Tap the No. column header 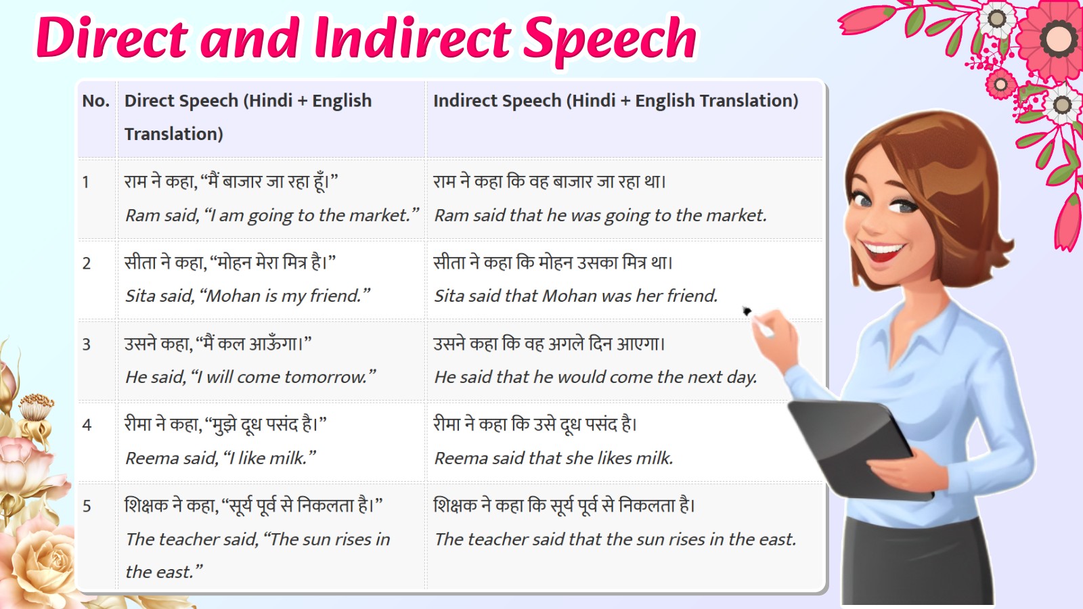click(95, 101)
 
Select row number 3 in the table click(87, 344)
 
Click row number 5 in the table click(87, 506)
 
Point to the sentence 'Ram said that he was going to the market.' click(600, 215)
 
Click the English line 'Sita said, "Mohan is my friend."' click(248, 296)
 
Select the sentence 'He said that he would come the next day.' click(596, 377)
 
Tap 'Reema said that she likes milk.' click(554, 458)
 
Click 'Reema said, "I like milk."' click(221, 458)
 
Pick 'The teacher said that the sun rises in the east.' click(615, 539)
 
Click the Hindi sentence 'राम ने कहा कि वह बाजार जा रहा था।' click(550, 181)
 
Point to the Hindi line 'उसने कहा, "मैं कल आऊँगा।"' click(218, 344)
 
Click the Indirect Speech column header click(615, 101)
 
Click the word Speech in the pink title click(610, 38)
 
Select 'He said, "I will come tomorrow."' click(250, 377)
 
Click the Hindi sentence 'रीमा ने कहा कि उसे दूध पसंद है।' click(535, 424)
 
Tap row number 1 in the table click(86, 182)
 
